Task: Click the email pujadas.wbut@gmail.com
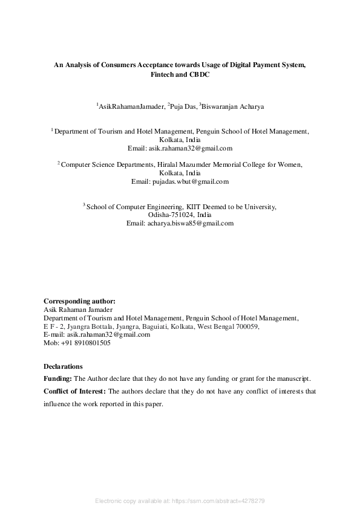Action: pyautogui.click(x=180, y=181)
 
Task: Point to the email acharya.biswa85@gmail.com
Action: pyautogui.click(x=180, y=223)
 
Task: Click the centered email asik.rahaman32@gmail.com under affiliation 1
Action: pyautogui.click(x=180, y=148)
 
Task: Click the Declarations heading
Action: pyautogui.click(x=64, y=366)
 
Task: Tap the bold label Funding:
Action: pyautogui.click(x=57, y=378)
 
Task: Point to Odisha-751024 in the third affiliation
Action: pyautogui.click(x=172, y=215)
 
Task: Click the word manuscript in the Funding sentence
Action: pyautogui.click(x=293, y=378)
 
